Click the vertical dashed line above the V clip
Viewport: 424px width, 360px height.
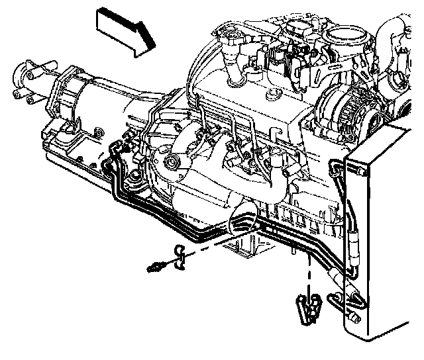309,271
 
